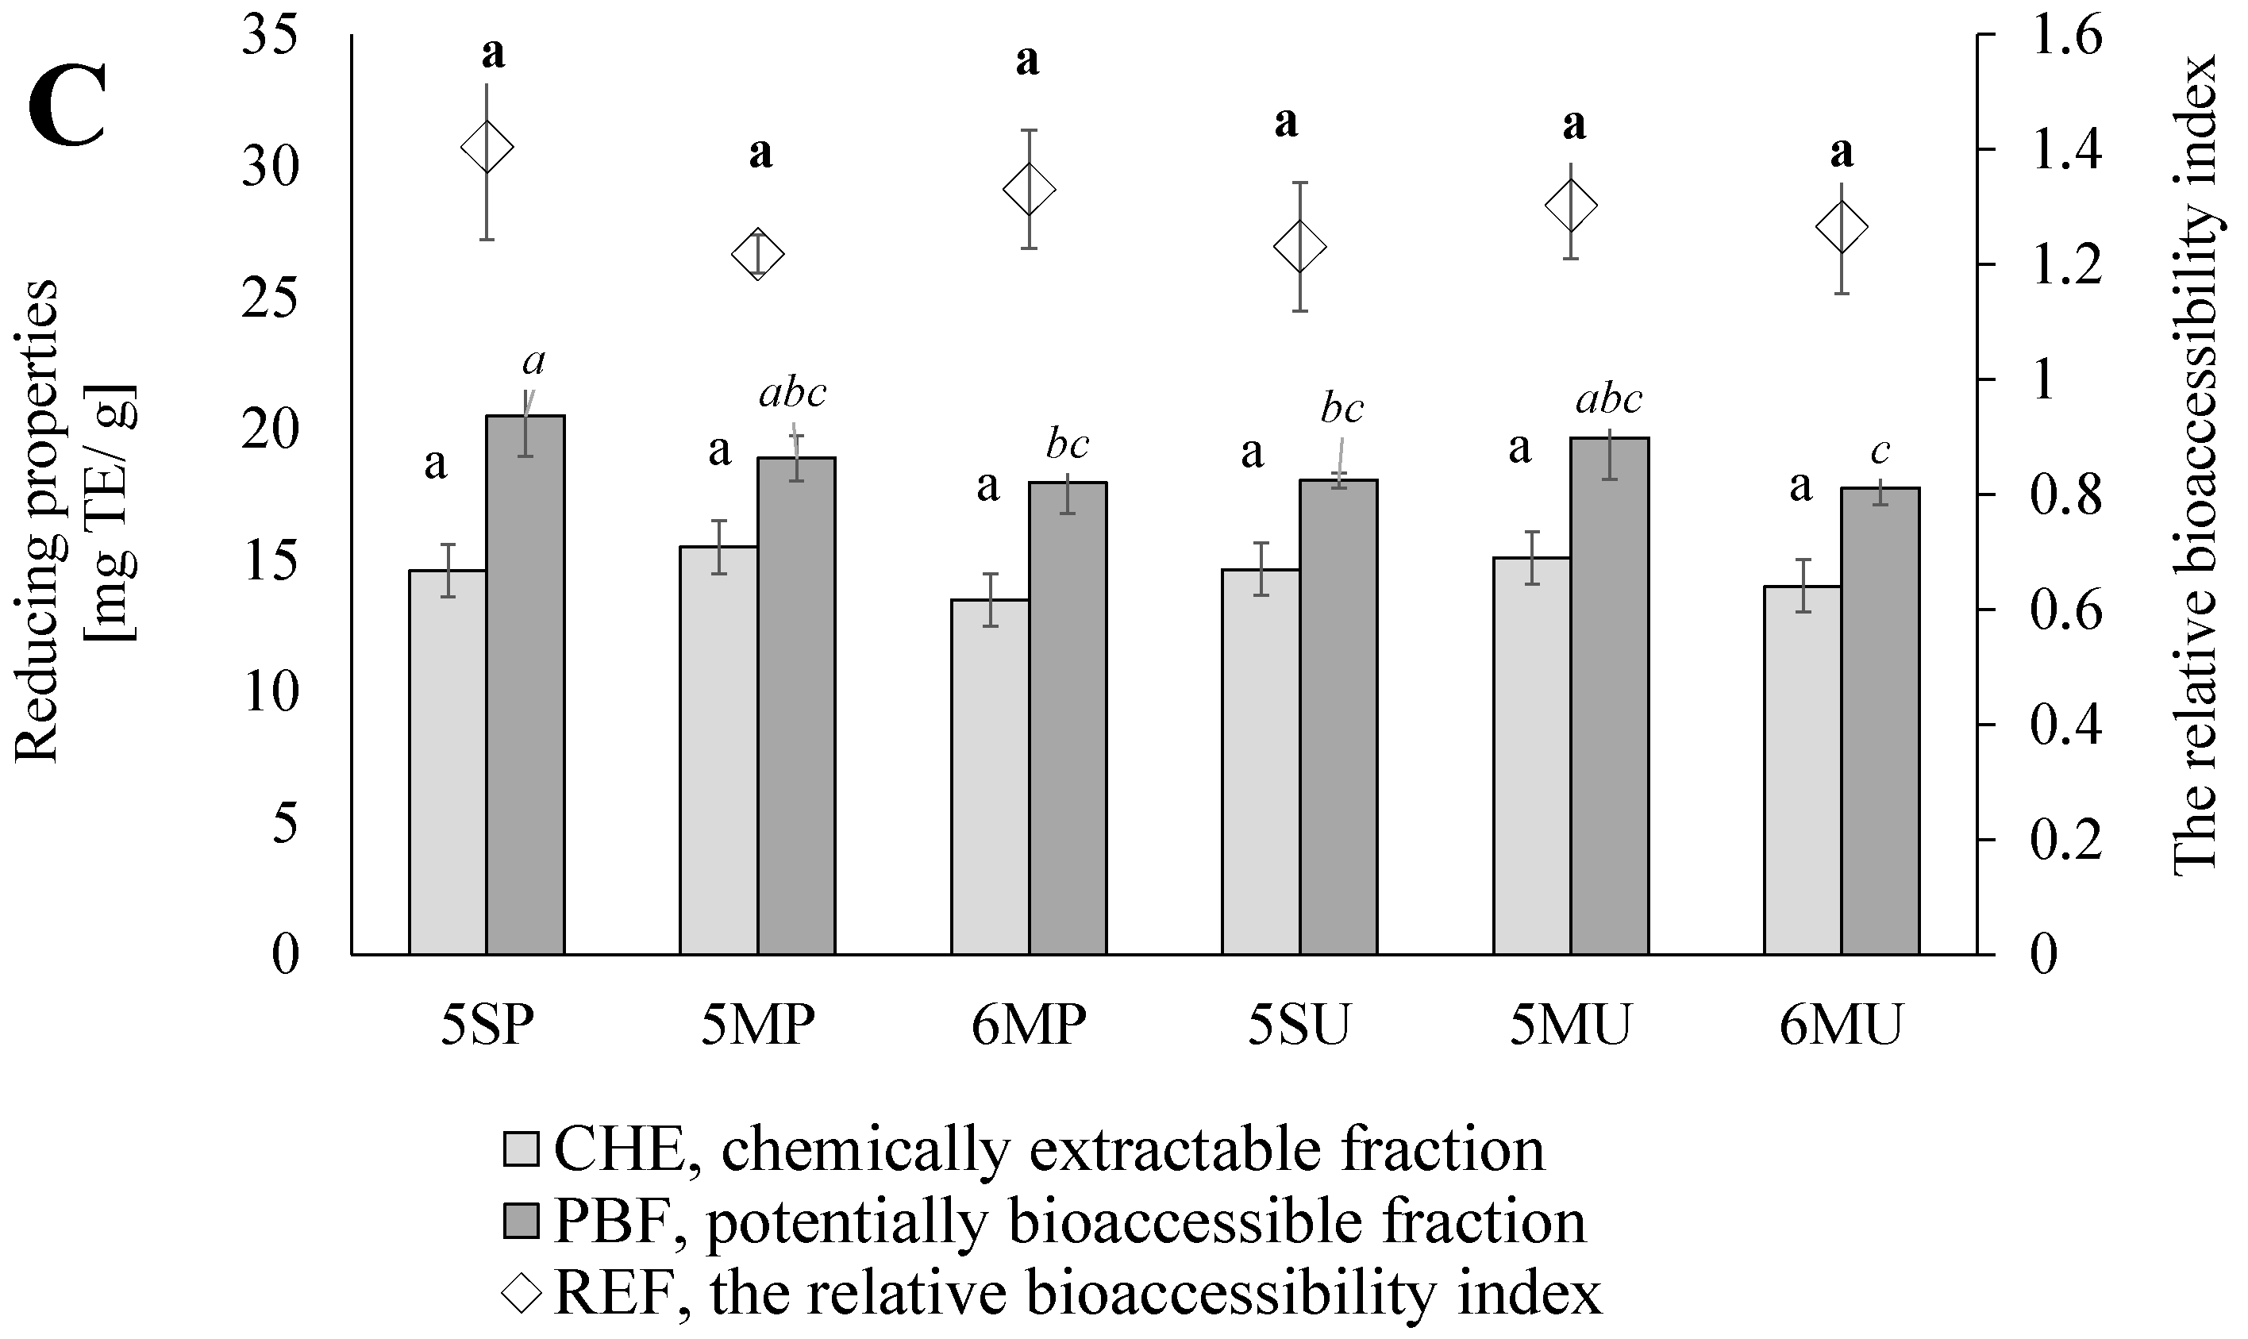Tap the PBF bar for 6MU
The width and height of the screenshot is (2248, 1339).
[1880, 721]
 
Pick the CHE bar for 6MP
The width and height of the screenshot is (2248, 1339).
[990, 777]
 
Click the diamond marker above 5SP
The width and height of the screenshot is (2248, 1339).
[487, 147]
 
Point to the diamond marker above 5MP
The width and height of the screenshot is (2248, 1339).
[758, 255]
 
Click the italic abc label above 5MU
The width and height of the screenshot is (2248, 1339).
[1609, 398]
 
